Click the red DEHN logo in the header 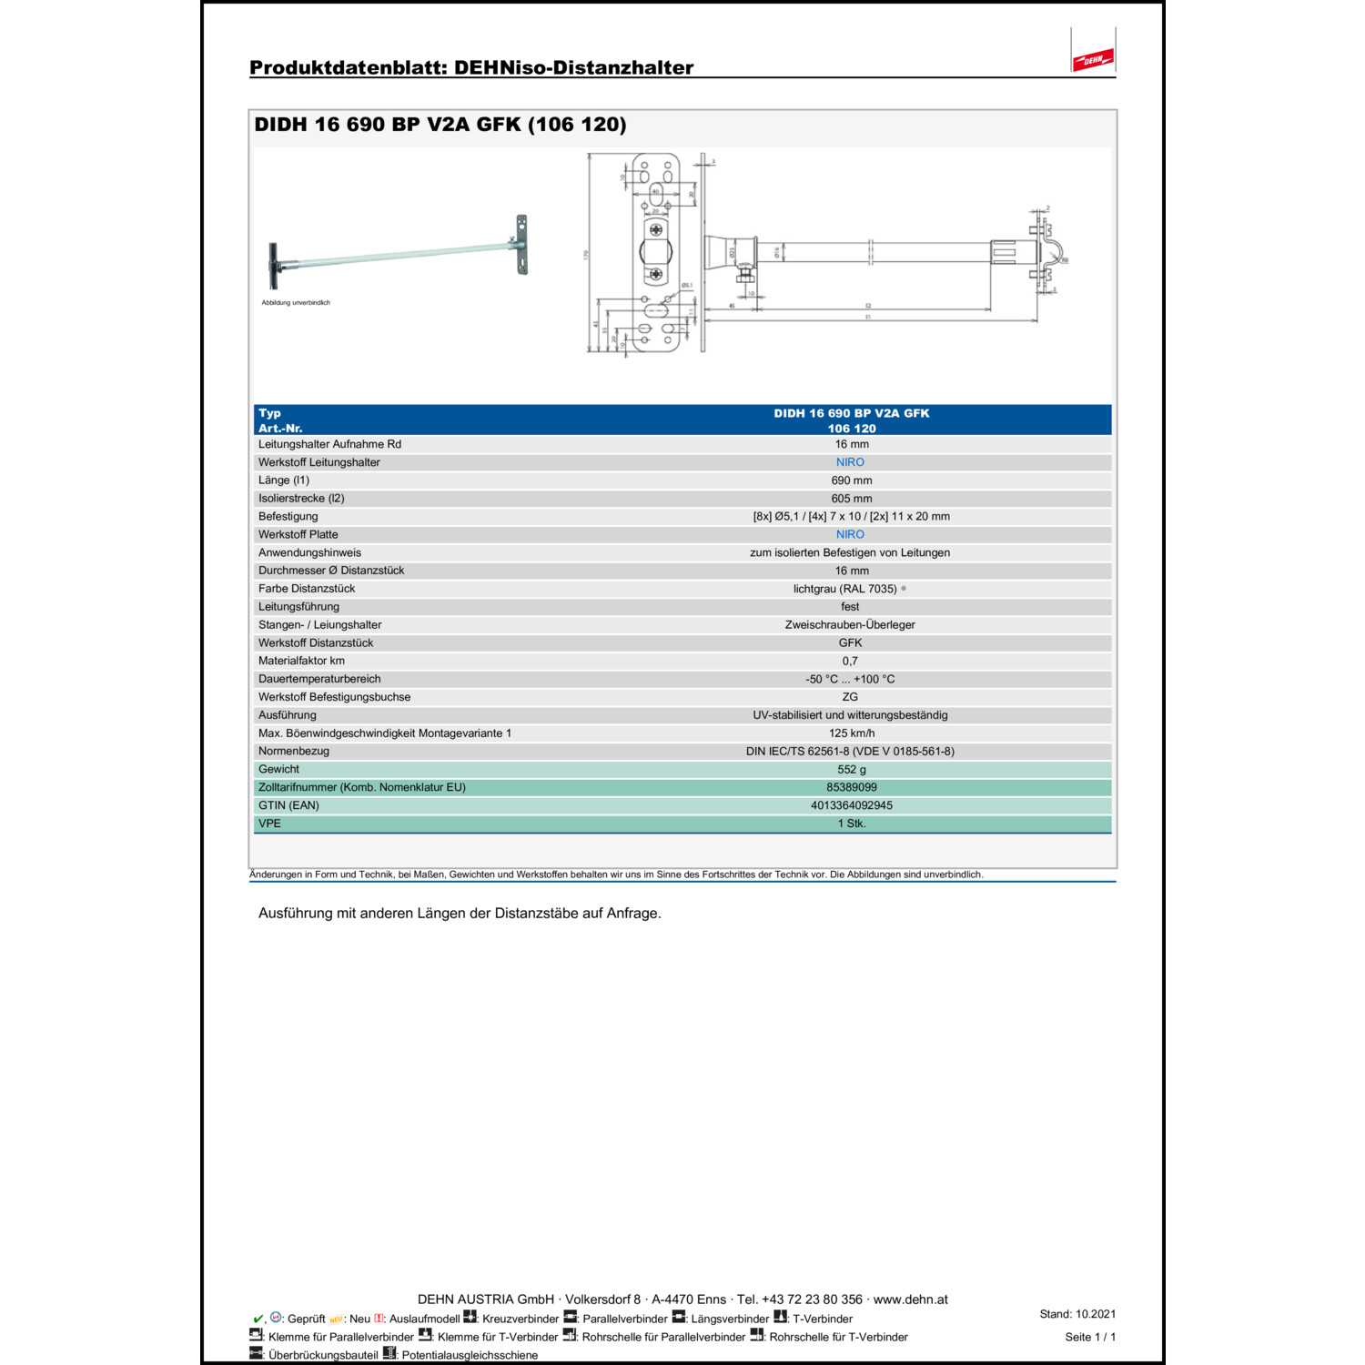[x=1093, y=60]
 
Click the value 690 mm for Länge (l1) [x=851, y=480]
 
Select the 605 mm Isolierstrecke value [x=851, y=499]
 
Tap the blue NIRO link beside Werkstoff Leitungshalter [x=850, y=462]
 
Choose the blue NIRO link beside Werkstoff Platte [x=850, y=535]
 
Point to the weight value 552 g [x=851, y=770]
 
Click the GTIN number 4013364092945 [x=851, y=805]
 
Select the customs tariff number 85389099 [x=851, y=787]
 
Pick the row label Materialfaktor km [x=301, y=662]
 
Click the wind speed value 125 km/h [x=851, y=733]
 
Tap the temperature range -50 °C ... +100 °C [x=850, y=680]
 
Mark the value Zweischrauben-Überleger [x=850, y=625]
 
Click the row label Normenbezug [x=294, y=752]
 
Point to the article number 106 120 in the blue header [x=851, y=429]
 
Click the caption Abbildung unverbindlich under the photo [x=296, y=303]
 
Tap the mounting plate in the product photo [x=521, y=243]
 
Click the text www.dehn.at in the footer [x=910, y=1299]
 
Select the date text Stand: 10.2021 [x=1077, y=1314]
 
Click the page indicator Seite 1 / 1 [x=1089, y=1337]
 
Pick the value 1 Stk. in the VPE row [x=851, y=824]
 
